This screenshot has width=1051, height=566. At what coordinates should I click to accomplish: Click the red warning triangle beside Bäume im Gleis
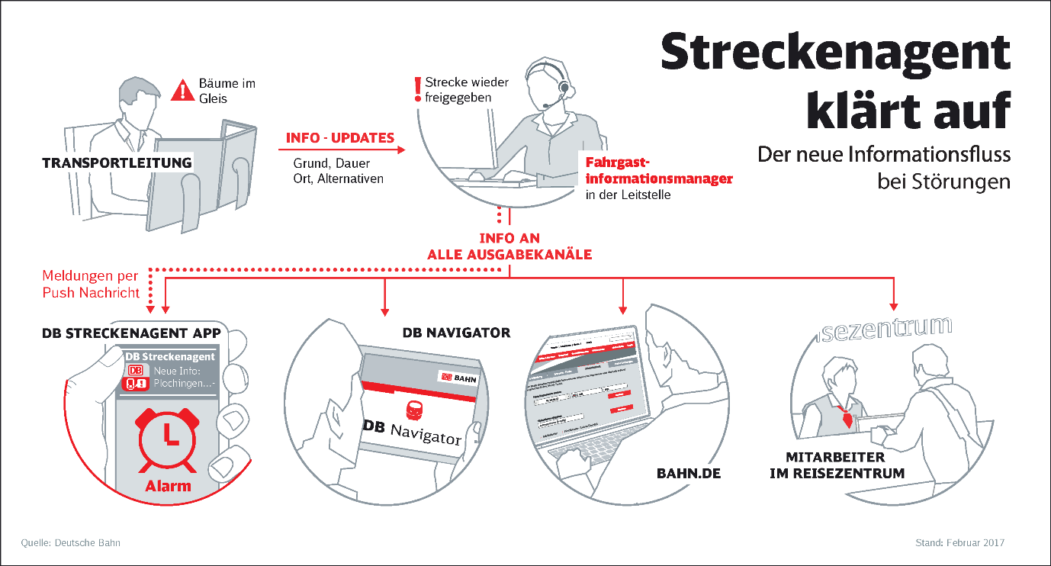(183, 91)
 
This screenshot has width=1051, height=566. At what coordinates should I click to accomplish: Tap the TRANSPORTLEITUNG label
(117, 162)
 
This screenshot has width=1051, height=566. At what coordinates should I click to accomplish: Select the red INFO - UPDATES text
(339, 138)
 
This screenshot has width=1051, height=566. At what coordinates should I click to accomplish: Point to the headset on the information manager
(563, 88)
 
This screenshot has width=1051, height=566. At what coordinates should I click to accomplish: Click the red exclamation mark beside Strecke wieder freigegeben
(416, 89)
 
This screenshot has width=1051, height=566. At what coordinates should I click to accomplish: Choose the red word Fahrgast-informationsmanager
(659, 171)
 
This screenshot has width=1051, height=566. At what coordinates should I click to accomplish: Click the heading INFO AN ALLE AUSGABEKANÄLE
(509, 246)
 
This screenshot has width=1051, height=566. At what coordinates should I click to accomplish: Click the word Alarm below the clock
(169, 485)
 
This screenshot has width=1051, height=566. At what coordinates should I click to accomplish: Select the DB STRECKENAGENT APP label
(131, 333)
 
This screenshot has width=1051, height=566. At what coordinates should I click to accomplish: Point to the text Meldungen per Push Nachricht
(91, 283)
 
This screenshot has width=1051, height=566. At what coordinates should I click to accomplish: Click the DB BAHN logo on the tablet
(457, 376)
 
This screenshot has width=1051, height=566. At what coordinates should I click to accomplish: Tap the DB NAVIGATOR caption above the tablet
(456, 333)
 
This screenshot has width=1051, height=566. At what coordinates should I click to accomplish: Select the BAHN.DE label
(689, 474)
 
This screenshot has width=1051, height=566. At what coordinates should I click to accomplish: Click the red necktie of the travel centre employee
(844, 416)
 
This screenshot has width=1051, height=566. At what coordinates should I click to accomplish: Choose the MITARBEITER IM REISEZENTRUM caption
(845, 465)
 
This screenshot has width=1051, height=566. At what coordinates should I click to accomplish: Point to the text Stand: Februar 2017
(959, 543)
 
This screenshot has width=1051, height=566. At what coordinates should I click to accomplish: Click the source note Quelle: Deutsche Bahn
(71, 543)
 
